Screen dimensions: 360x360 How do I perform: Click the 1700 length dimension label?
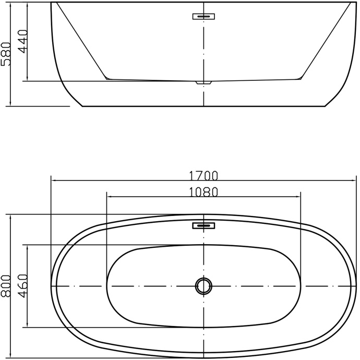pos(203,175)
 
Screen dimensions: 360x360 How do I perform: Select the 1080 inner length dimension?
pos(203,191)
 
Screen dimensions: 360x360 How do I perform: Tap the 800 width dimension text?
pos(6,286)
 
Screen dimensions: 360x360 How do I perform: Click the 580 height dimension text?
pos(6,54)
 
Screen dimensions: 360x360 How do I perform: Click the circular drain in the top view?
pos(203,286)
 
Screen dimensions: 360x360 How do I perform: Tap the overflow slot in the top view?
pos(203,226)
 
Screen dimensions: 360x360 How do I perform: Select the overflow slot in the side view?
pos(203,16)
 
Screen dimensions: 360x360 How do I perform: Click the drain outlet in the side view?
pos(203,82)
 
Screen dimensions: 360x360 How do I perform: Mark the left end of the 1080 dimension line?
pos(106,197)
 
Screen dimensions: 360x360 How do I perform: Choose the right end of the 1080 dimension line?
pos(301,197)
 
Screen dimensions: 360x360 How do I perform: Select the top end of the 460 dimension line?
pos(27,245)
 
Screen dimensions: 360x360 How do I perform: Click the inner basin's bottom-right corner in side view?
pos(300,79)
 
